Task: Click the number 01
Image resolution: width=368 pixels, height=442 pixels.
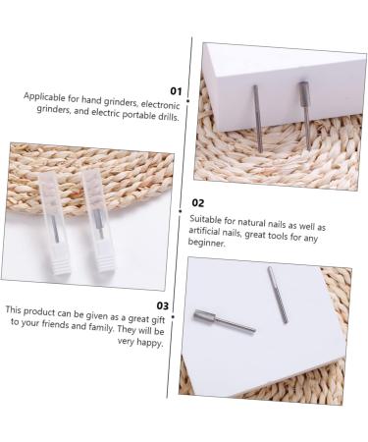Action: tap(176, 90)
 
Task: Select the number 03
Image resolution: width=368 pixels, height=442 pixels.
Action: tap(164, 305)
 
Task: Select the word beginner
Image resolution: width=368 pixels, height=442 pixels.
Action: tap(208, 242)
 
